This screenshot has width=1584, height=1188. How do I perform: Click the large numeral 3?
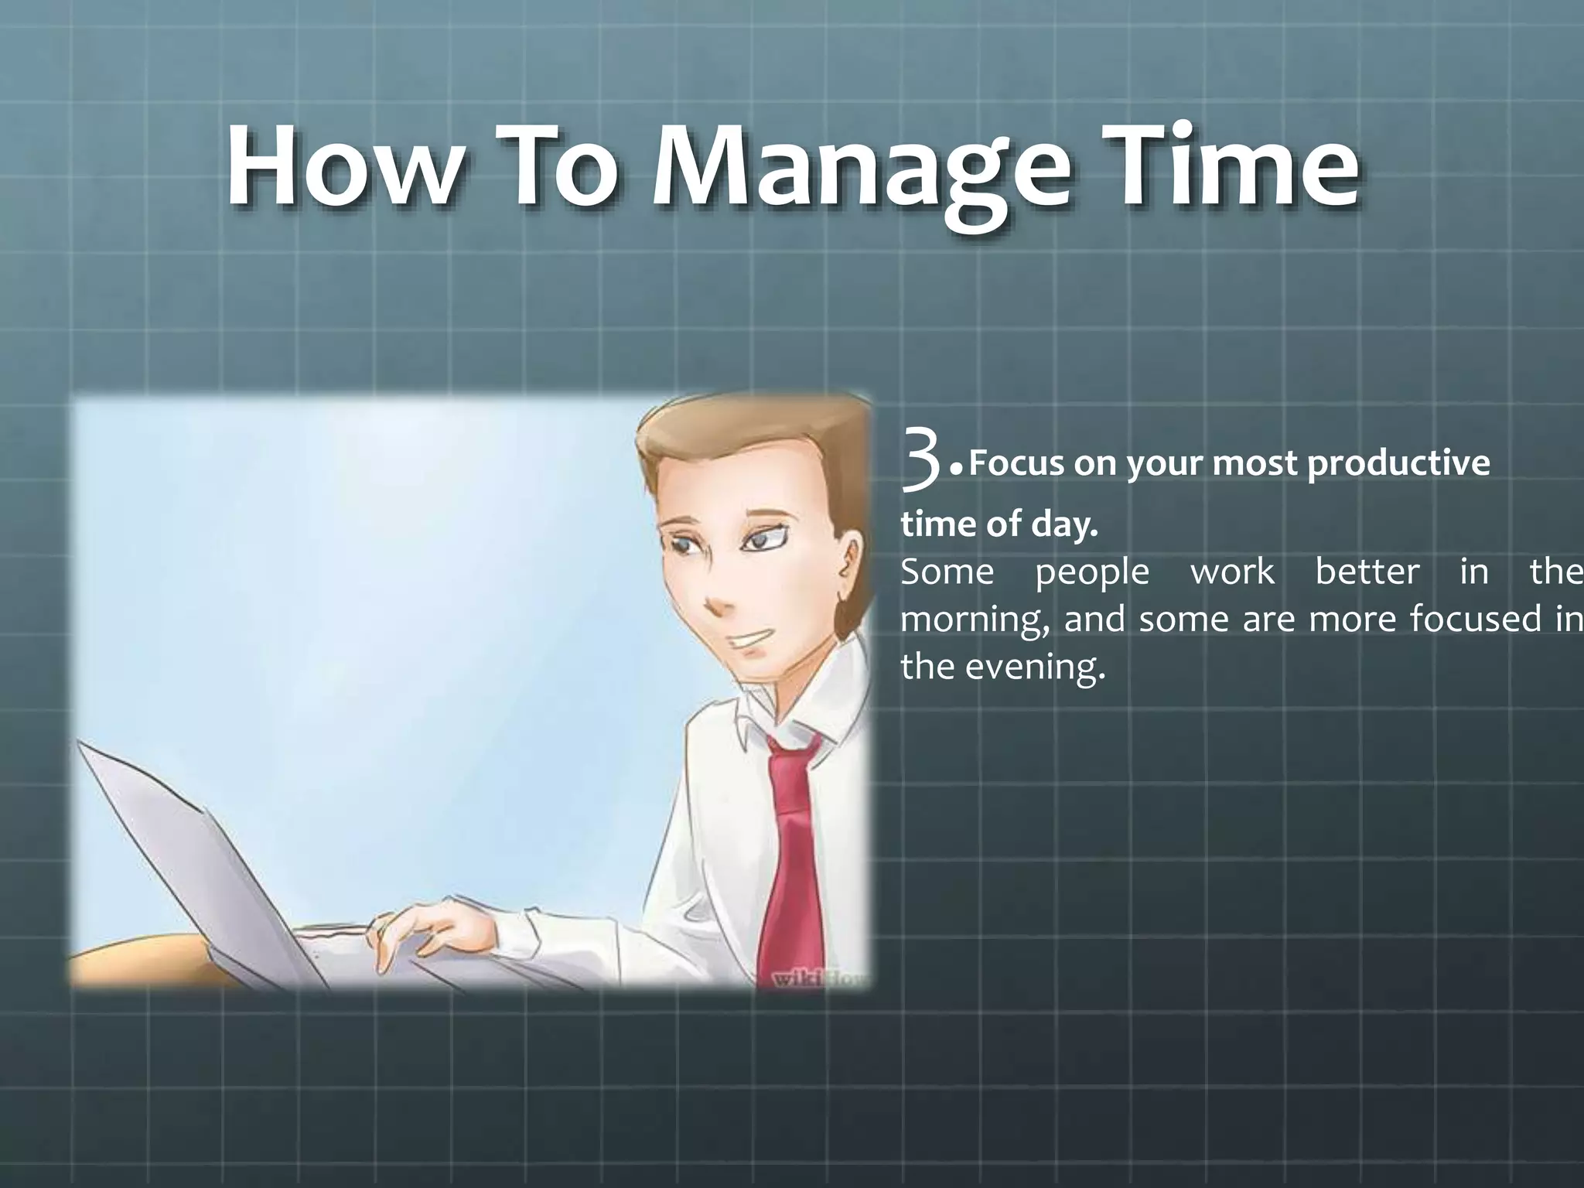tap(922, 463)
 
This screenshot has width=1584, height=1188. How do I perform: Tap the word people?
tap(1091, 572)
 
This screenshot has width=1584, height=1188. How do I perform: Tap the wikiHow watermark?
tap(820, 978)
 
